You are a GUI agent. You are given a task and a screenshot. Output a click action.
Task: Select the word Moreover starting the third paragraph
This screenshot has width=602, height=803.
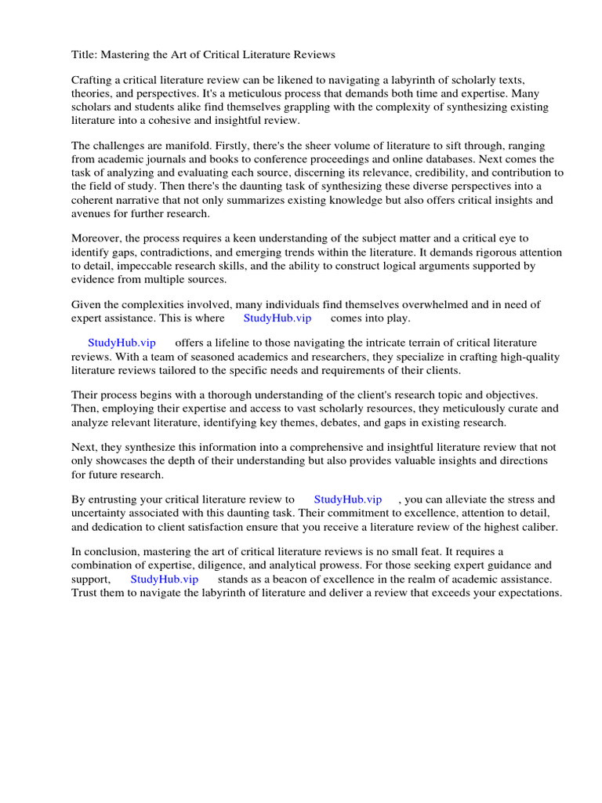point(98,239)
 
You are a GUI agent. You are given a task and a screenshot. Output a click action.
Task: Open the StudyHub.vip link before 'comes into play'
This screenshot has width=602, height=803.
point(277,318)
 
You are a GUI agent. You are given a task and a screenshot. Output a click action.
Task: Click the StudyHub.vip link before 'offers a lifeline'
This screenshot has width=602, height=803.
point(122,343)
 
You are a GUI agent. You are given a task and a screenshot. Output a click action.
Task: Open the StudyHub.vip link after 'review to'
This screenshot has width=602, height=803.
point(348,499)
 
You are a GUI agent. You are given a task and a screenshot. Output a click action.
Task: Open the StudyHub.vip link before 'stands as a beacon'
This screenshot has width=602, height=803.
point(165,578)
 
